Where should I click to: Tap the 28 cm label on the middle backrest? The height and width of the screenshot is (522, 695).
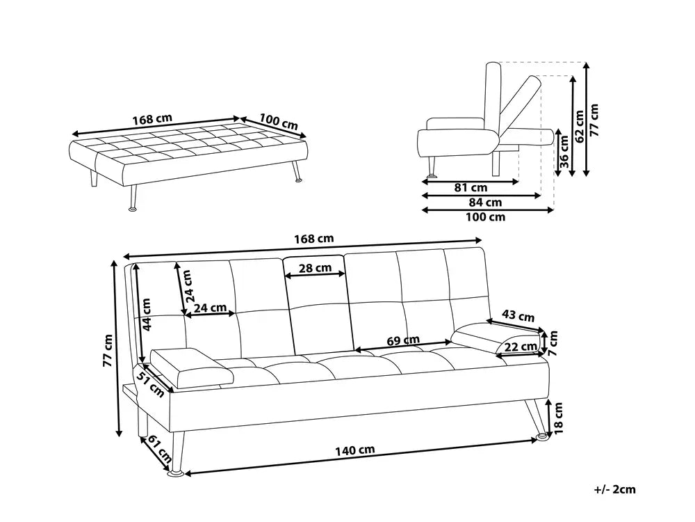316,268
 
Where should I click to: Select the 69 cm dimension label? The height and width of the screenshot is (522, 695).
403,340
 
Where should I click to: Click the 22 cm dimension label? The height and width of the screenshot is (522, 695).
520,347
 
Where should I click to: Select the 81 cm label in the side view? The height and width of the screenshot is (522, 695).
470,187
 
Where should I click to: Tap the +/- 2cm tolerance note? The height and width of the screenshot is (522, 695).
615,489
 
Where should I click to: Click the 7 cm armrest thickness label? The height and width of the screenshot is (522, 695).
553,339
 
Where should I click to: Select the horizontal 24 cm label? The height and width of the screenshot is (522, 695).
209,307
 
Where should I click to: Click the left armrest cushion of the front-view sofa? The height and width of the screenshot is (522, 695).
191,367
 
